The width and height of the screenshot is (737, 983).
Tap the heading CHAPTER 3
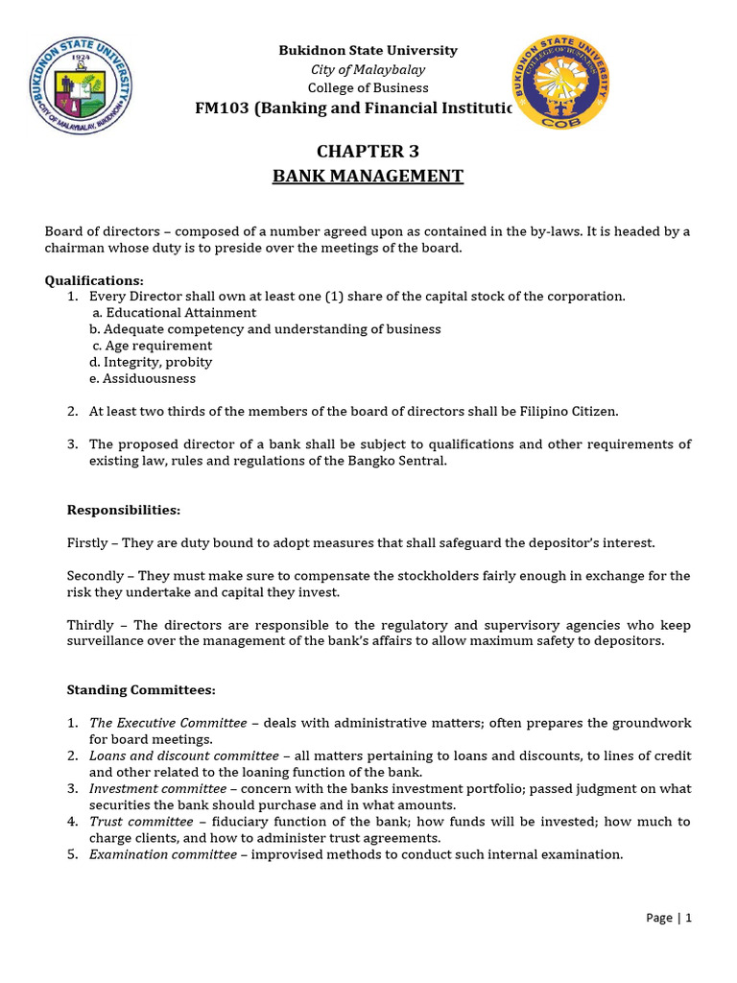pyautogui.click(x=368, y=152)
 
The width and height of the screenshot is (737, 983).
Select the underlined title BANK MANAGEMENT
pyautogui.click(x=368, y=176)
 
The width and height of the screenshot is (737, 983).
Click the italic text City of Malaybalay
pyautogui.click(x=368, y=69)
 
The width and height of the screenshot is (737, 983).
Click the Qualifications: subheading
pyautogui.click(x=94, y=280)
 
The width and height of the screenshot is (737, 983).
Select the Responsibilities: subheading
pyautogui.click(x=123, y=510)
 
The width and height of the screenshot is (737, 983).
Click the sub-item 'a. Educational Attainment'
pyautogui.click(x=174, y=313)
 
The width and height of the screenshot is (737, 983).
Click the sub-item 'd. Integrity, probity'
pyautogui.click(x=151, y=362)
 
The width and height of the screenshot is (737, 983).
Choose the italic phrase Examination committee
pyautogui.click(x=162, y=854)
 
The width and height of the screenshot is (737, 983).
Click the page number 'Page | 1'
pyautogui.click(x=668, y=917)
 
